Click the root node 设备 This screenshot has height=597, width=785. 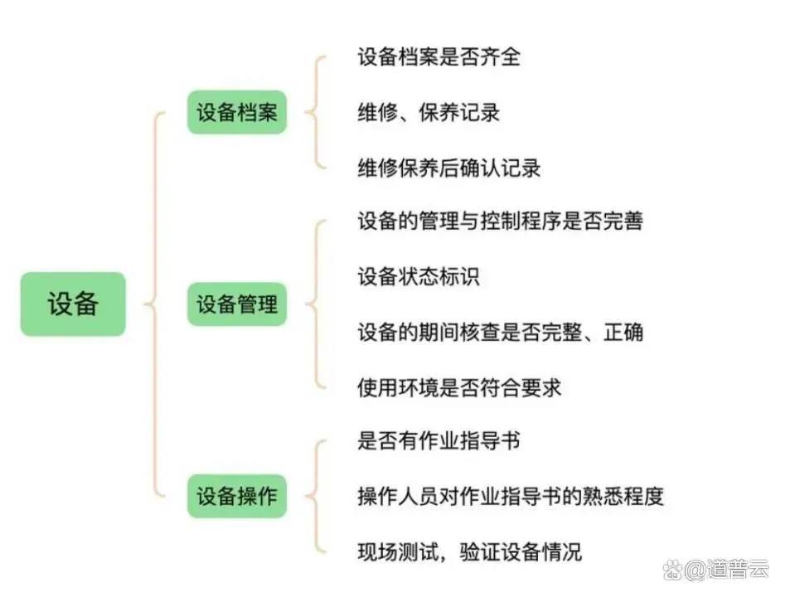(x=73, y=303)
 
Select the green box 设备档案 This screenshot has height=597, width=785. (x=236, y=112)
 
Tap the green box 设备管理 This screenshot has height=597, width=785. (x=236, y=303)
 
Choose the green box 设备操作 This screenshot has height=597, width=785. (x=236, y=496)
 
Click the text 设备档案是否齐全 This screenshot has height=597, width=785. (x=439, y=57)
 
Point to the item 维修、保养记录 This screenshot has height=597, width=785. (x=429, y=112)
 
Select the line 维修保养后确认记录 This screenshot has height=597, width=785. (x=449, y=167)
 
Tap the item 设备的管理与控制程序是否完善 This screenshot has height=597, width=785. (x=500, y=221)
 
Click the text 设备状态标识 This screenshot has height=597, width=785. (x=419, y=276)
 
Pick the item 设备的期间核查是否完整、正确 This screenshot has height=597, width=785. (x=500, y=332)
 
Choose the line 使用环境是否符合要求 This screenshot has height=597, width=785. (x=459, y=386)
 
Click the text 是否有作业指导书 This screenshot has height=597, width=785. (x=439, y=440)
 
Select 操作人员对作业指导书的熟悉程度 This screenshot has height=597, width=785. (x=511, y=496)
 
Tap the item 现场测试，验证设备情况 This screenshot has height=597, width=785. (x=469, y=551)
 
